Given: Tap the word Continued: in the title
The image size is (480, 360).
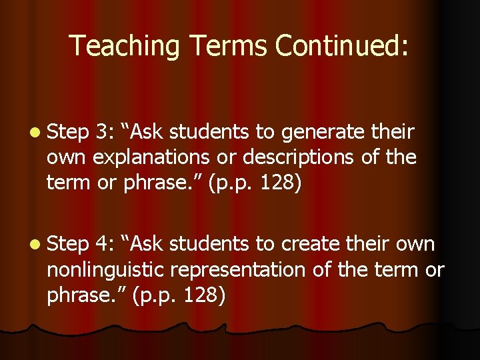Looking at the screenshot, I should point(342,46).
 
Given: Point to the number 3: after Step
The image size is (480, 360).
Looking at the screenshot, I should point(105,133).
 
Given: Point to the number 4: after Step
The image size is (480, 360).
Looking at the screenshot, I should point(105,244).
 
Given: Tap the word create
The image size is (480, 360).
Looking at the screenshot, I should point(312,244).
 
